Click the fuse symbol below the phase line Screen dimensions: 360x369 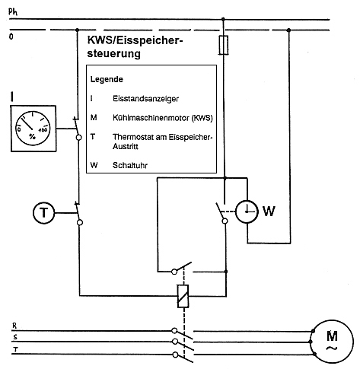coord(224,45)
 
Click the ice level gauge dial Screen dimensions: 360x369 coord(33,128)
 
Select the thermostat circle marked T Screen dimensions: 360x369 coord(44,212)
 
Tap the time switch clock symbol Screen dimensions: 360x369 coord(247,212)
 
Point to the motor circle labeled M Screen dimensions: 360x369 coord(332,342)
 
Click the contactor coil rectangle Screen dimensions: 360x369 coord(183,296)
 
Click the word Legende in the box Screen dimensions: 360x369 coord(107,79)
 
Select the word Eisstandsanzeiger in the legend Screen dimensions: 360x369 coord(145,98)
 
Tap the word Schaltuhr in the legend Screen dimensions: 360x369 coord(130,165)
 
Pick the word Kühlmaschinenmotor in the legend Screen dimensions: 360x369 coord(151,118)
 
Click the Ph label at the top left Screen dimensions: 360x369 coord(13,11)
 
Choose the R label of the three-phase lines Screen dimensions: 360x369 coord(14,326)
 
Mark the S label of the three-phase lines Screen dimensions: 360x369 coord(15,337)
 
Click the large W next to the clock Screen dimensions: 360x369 coord(269,211)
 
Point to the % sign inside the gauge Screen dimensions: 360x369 coord(32,137)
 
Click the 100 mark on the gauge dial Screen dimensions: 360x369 coord(43,130)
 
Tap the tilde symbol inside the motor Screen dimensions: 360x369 coord(332,348)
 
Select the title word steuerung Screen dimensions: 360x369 coord(113,53)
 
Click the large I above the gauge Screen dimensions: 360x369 coord(12,97)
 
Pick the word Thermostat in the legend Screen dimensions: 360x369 coord(139,137)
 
